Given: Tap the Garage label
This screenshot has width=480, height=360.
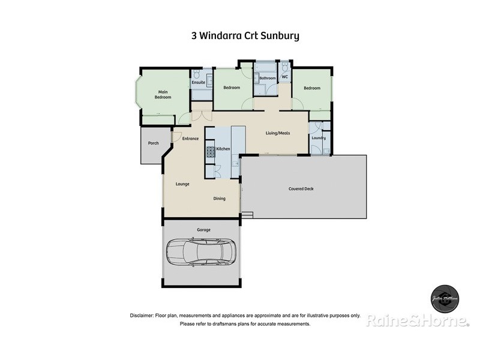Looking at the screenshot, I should [203, 230].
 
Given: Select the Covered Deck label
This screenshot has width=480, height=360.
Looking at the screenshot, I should [301, 188].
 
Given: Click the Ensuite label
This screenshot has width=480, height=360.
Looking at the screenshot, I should [198, 82].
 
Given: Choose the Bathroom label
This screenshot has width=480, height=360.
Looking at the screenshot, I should [267, 78].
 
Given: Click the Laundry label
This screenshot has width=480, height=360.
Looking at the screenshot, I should [319, 138].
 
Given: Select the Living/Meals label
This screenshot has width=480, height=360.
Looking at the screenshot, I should [278, 133].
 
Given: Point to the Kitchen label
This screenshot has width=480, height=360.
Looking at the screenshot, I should [223, 148].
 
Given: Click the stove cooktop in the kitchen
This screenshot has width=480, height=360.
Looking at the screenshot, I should [211, 152].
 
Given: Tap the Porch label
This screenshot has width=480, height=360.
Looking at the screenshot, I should [153, 143].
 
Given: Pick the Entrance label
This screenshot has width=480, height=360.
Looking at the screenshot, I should [190, 139].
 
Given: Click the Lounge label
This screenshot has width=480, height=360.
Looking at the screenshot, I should [182, 184].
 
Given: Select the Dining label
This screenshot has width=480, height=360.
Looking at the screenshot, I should [219, 198].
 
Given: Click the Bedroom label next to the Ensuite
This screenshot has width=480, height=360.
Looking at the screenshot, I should [232, 88].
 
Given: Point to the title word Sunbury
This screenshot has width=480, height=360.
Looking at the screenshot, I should [278, 35].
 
